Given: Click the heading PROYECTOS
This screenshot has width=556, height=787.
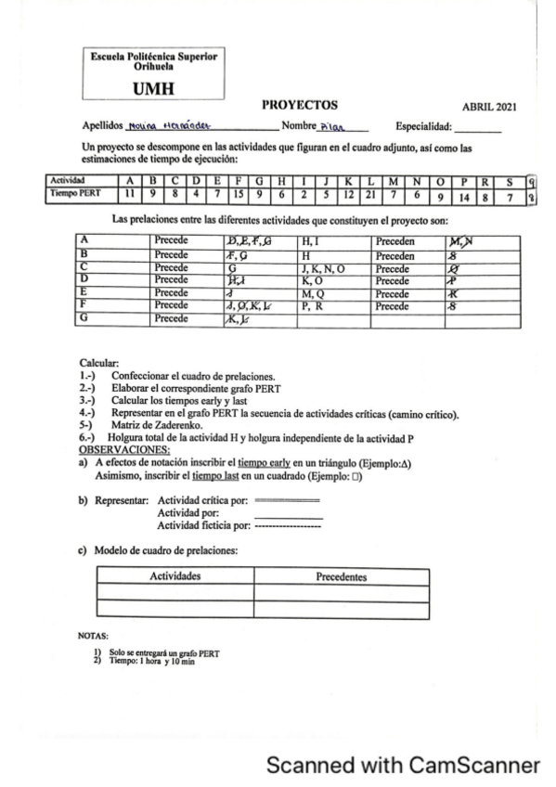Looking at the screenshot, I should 299,105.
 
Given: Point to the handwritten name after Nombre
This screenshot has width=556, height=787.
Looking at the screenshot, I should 330,126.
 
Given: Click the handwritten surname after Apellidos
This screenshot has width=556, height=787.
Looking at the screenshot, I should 158,126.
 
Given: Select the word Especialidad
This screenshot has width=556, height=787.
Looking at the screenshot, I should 426,126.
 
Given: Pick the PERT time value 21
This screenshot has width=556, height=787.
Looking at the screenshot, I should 371,193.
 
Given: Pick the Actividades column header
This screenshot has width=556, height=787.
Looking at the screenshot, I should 182,576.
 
